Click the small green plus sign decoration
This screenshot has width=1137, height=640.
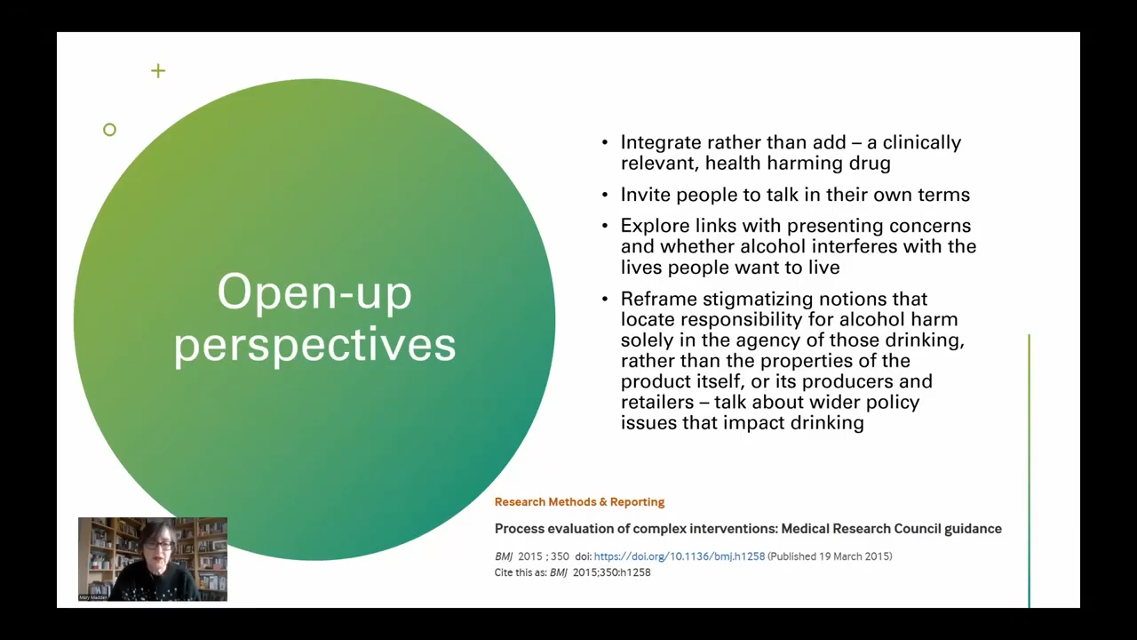pos(158,70)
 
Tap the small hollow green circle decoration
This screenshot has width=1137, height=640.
pos(109,130)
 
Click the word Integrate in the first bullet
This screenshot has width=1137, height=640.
pos(662,142)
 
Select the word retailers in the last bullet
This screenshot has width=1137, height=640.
pos(657,403)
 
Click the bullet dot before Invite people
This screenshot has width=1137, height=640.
pos(605,195)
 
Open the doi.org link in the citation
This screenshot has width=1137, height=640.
pos(680,556)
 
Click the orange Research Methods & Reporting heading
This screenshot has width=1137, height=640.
pos(579,502)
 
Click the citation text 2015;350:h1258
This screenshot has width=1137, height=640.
pos(612,572)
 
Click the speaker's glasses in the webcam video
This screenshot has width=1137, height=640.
pos(158,545)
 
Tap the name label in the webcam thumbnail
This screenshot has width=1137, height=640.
pos(92,597)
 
